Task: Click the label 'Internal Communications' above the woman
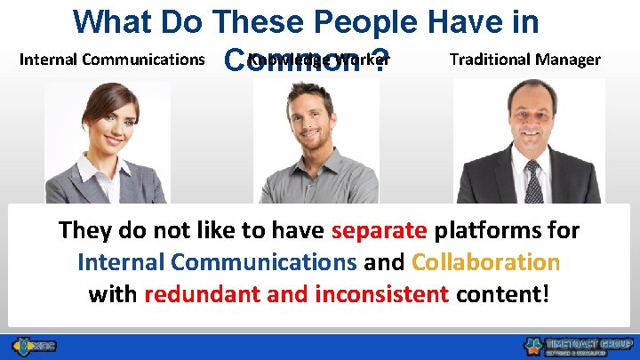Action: [112, 60]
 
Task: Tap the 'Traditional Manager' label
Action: [524, 60]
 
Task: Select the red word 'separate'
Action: [379, 230]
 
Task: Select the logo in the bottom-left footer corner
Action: [33, 345]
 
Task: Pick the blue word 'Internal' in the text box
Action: [123, 262]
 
